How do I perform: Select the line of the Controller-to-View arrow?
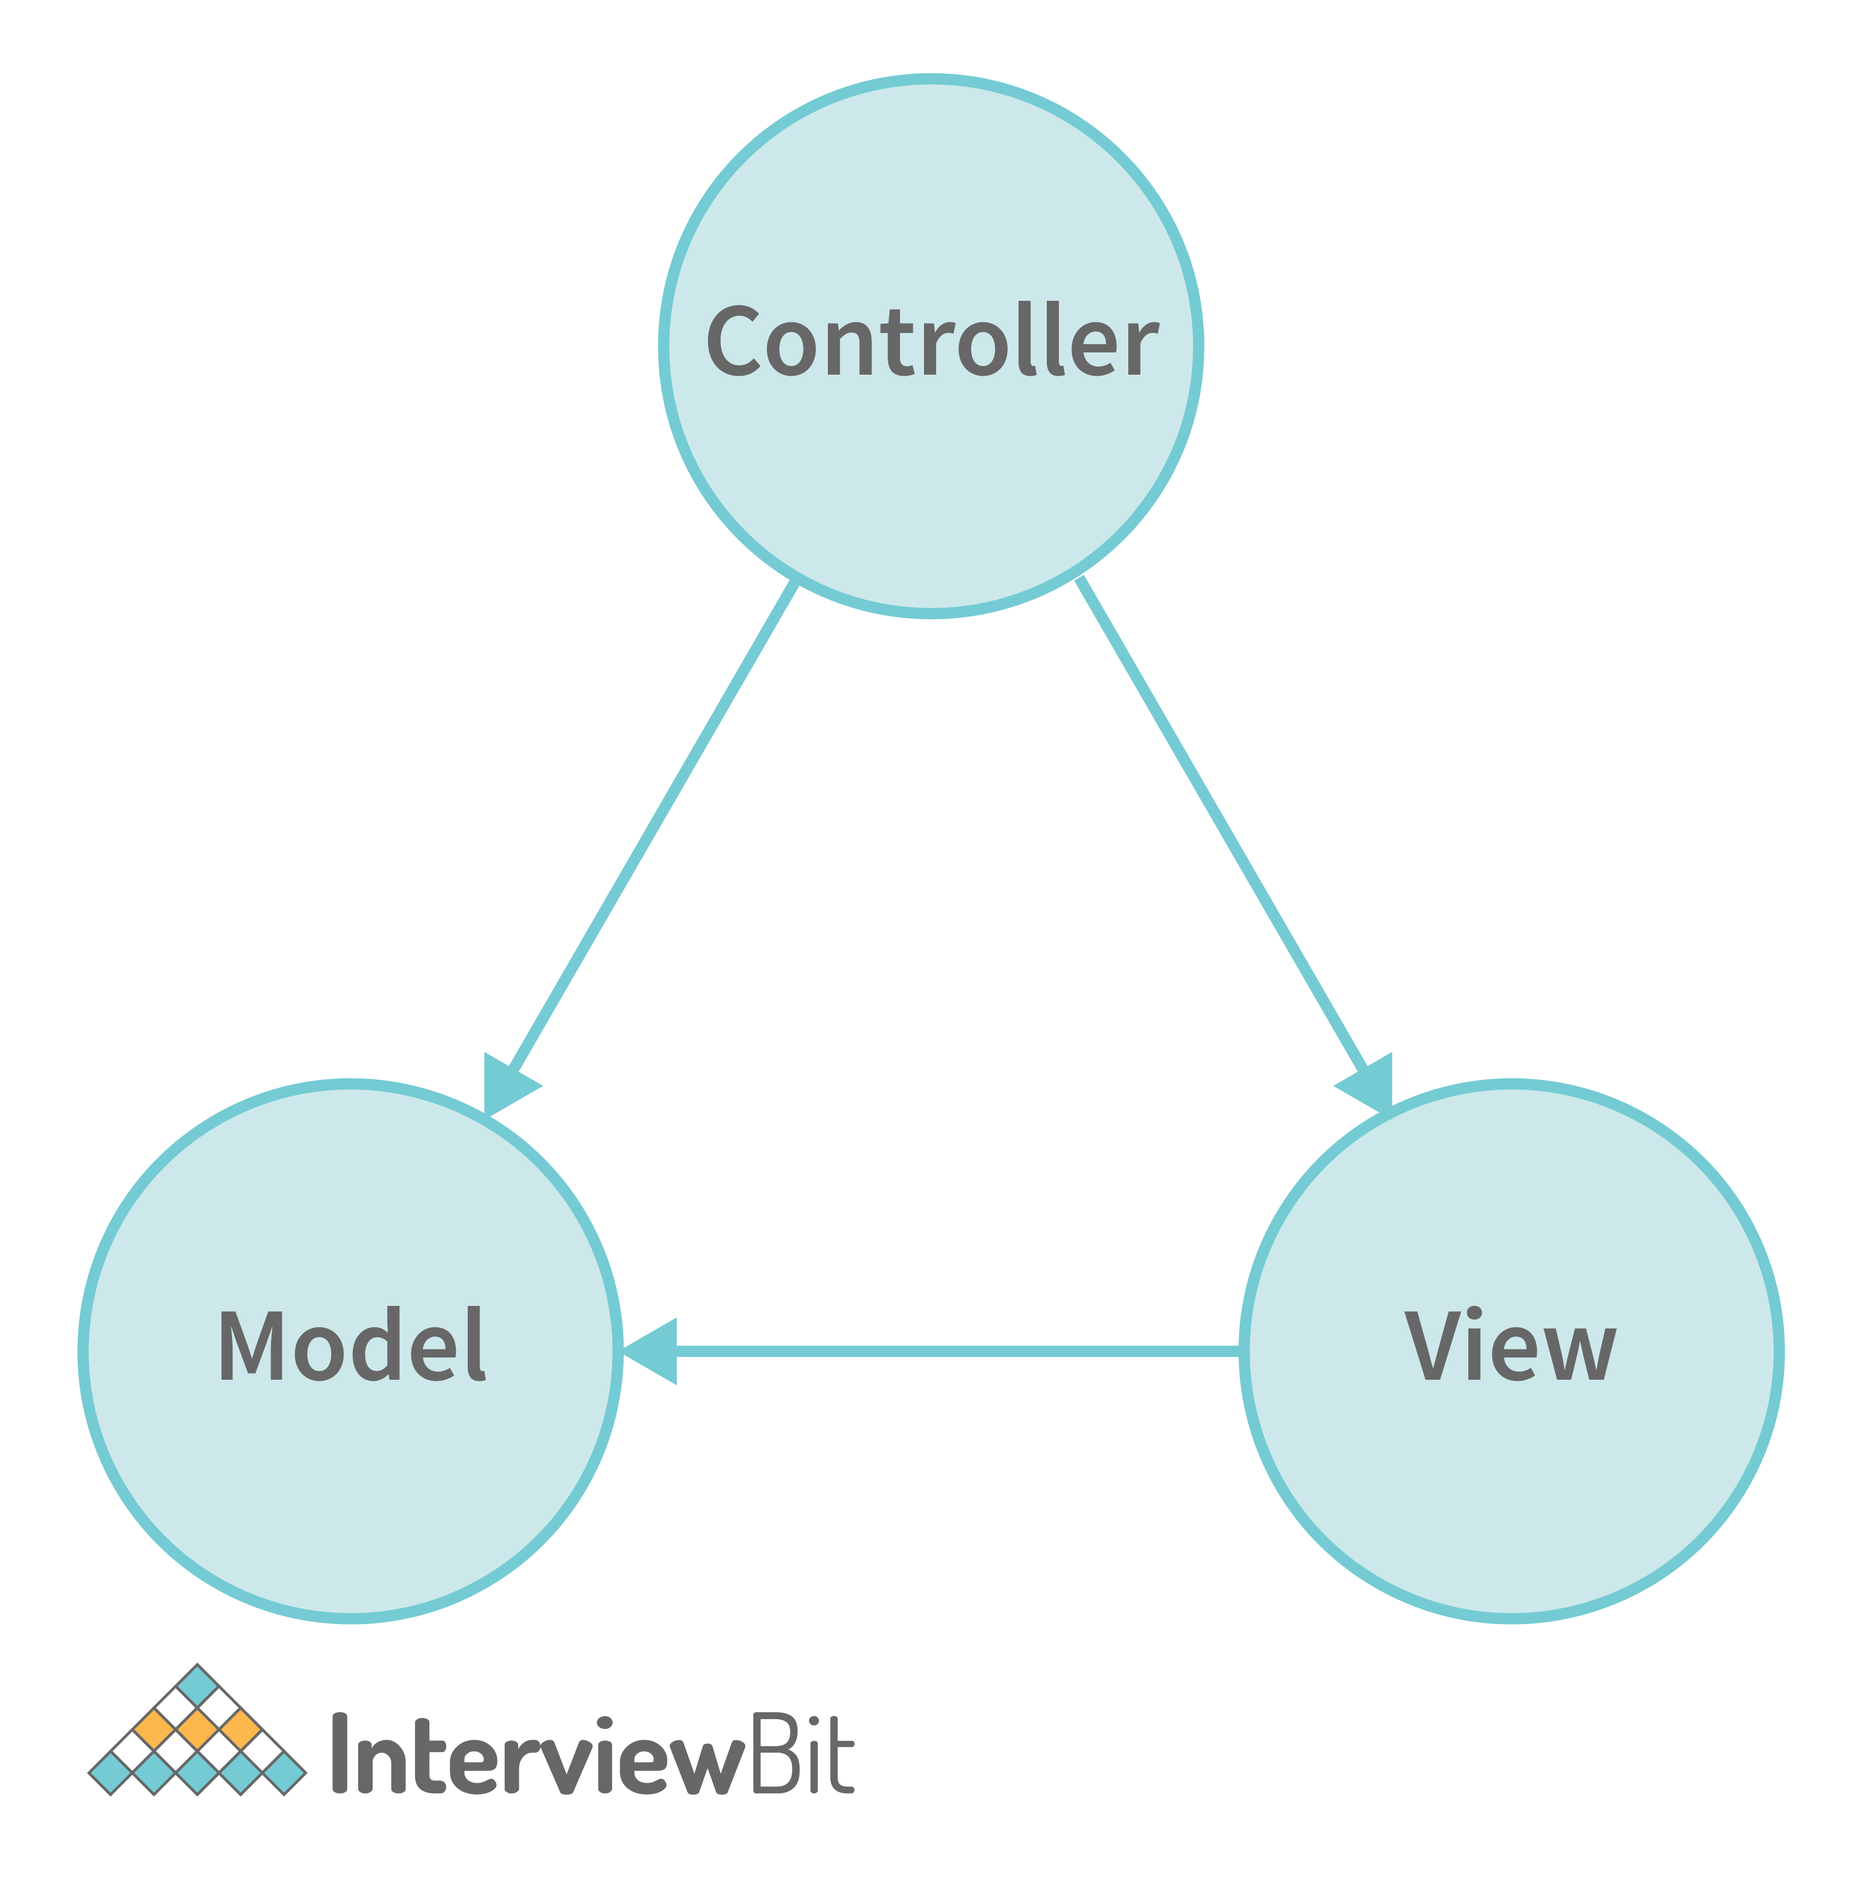[x=1221, y=825]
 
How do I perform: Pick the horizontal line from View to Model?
[x=957, y=1351]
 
